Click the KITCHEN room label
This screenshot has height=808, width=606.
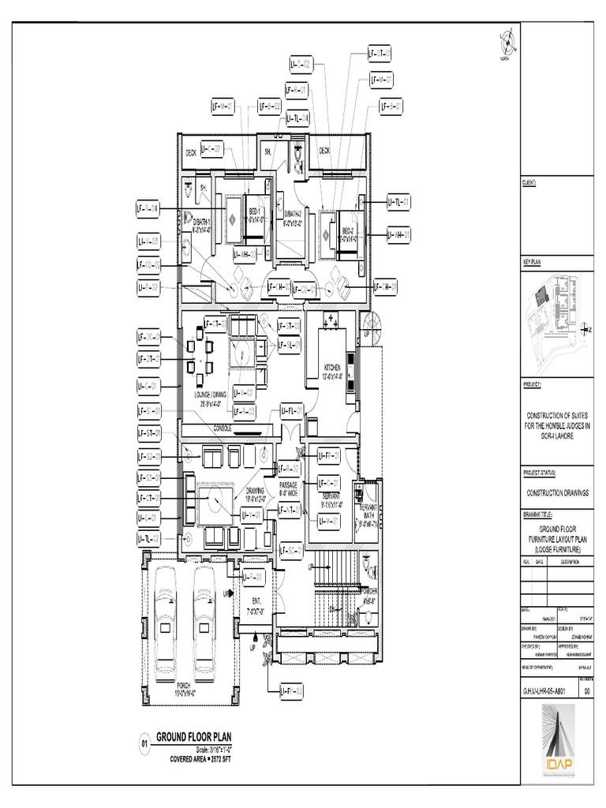pyautogui.click(x=331, y=368)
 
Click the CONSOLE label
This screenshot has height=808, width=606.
pyautogui.click(x=224, y=428)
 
